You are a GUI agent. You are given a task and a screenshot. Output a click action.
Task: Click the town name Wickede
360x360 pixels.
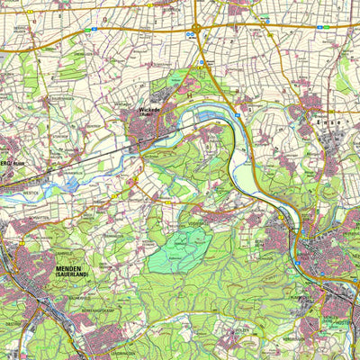pyautogui.click(x=148, y=112)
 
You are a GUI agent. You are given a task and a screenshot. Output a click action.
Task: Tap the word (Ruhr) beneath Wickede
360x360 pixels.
pyautogui.click(x=148, y=118)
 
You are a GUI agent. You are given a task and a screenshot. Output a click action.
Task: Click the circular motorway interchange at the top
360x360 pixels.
pyautogui.click(x=195, y=28)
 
